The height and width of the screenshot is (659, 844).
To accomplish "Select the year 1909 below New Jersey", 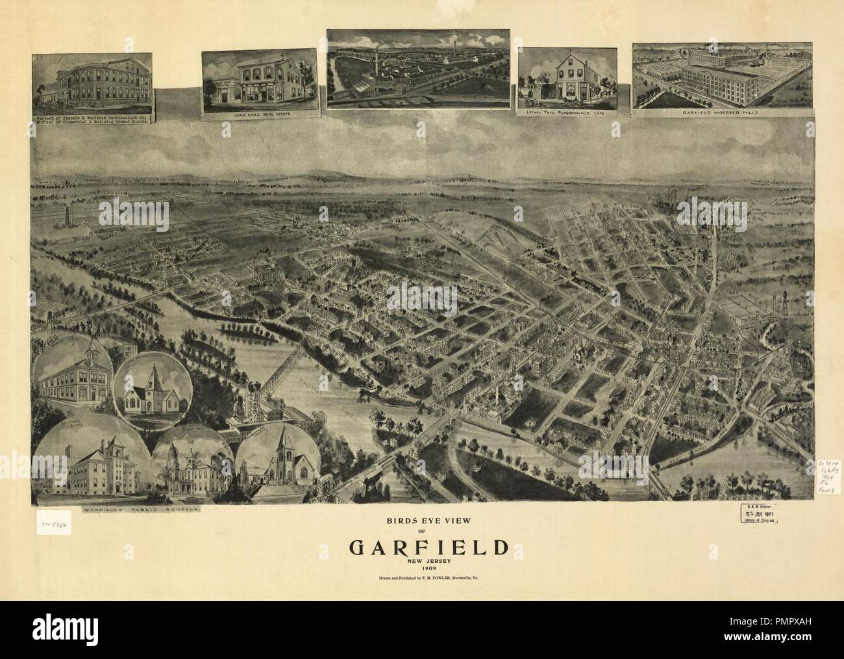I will [x=428, y=568].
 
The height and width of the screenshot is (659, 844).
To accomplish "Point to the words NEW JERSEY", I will [x=428, y=560].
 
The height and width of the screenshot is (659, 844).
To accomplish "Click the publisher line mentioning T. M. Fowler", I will [x=428, y=578].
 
